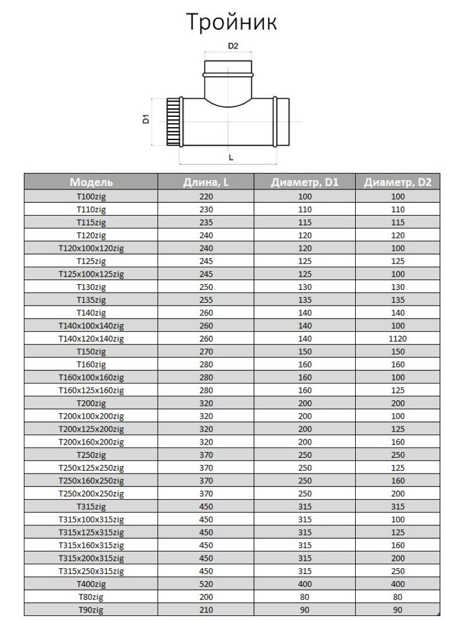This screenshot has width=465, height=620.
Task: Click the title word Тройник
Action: tap(232, 22)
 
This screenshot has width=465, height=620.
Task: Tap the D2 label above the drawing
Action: tap(233, 47)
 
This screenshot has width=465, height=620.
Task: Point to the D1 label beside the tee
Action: tap(146, 120)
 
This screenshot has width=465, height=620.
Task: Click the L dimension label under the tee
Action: tap(231, 157)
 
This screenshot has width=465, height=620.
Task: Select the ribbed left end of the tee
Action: tap(173, 122)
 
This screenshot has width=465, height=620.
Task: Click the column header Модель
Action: tap(91, 182)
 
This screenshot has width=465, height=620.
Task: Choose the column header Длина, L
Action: tap(206, 182)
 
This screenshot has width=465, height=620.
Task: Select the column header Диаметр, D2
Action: tap(398, 182)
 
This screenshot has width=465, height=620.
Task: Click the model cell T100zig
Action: tap(91, 196)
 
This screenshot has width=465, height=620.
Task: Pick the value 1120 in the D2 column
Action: tap(398, 338)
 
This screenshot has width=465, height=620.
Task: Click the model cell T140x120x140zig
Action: tap(91, 338)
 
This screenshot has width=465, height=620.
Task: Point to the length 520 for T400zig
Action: tap(206, 584)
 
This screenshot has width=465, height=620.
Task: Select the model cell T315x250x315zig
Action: tap(91, 571)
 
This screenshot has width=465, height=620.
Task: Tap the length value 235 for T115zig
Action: tap(206, 222)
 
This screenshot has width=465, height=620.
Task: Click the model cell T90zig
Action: tap(91, 610)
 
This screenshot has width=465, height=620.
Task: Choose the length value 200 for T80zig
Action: tap(206, 597)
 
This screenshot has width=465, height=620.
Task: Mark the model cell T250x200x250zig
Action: tap(91, 493)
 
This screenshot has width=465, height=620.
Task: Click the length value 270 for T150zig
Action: tap(206, 352)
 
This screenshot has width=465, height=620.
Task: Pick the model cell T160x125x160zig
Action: tap(91, 390)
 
